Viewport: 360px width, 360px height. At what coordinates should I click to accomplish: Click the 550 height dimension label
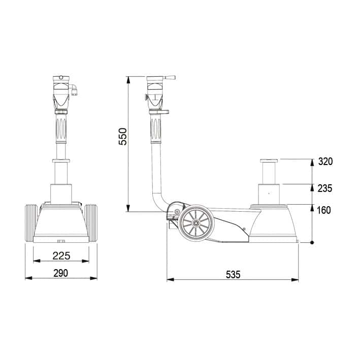122,137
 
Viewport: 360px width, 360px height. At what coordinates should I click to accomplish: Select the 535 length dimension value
233,275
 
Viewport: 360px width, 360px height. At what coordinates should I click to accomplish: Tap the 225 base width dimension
61,256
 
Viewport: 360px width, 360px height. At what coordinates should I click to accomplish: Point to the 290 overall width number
61,273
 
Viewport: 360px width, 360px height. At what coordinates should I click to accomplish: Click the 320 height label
325,161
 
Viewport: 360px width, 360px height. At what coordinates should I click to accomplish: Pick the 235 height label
325,188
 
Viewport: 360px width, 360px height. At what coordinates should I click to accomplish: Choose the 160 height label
324,210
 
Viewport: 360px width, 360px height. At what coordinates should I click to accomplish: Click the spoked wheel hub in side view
197,223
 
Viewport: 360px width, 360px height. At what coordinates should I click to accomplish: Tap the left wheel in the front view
31,223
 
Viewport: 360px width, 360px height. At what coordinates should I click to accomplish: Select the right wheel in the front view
91,223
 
